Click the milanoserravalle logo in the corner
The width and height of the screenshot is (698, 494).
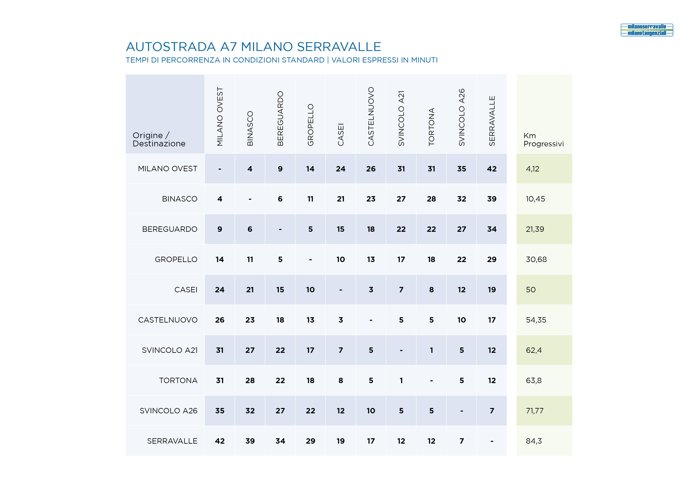tap(647, 30)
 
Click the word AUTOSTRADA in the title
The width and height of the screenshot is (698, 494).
tap(171, 47)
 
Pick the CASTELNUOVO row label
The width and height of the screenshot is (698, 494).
tap(168, 320)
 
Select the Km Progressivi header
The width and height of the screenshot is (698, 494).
tap(544, 140)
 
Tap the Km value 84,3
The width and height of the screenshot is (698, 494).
tap(534, 441)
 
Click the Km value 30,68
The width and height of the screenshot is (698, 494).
tap(536, 259)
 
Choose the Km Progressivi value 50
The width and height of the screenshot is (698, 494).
tap(531, 290)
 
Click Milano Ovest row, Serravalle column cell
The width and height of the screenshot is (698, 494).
tap(492, 169)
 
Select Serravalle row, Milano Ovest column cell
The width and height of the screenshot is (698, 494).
tap(220, 441)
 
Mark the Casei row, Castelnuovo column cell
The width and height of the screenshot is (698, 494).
tap(371, 290)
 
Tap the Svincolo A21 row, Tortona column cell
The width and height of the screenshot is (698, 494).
tap(431, 350)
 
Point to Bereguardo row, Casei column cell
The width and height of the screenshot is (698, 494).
tap(340, 229)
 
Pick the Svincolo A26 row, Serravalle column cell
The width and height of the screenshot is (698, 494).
tap(492, 411)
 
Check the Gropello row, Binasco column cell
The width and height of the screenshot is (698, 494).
tap(250, 259)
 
